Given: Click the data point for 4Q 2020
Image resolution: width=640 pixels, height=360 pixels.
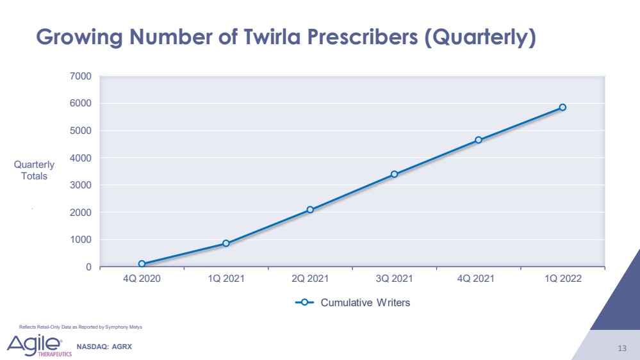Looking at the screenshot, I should (142, 264).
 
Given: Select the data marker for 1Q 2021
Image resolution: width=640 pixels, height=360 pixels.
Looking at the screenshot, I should (226, 243).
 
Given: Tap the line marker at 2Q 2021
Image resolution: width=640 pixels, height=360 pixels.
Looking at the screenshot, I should (310, 209).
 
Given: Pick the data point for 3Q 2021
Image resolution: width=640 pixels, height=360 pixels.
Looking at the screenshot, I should (394, 174).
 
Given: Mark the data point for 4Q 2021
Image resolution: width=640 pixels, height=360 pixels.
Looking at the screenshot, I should (479, 140).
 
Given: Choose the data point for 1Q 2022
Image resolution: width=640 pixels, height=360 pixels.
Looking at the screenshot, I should (562, 108).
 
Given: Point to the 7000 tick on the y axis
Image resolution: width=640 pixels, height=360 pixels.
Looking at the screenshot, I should (81, 76).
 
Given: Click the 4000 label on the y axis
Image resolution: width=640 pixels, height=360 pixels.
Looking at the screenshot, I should (81, 158).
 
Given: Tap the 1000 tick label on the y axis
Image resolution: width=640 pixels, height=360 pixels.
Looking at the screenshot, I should (81, 240).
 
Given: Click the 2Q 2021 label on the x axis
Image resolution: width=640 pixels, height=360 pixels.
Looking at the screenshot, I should (310, 280).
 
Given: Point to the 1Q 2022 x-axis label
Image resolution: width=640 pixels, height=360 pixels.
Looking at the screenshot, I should (562, 280).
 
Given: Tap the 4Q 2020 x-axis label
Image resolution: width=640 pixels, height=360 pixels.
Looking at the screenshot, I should (142, 280).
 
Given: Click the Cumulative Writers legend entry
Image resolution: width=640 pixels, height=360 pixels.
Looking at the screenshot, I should (352, 303).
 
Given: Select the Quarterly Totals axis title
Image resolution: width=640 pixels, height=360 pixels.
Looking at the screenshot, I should (34, 170).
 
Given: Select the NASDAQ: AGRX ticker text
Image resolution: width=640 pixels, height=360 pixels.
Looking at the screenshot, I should (104, 347).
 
